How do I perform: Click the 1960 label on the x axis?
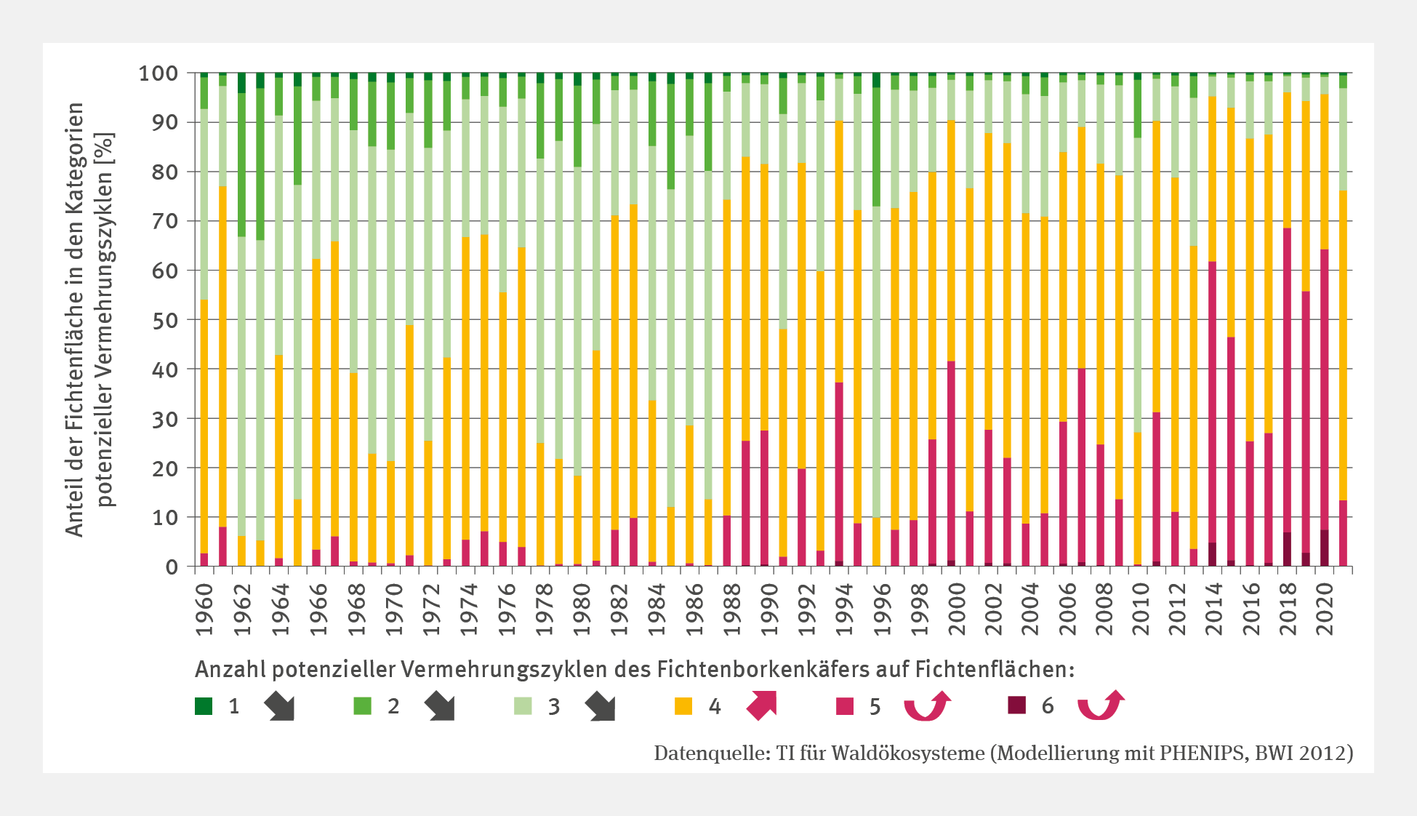click(204, 609)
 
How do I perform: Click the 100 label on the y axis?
click(158, 73)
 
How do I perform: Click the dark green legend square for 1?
click(204, 705)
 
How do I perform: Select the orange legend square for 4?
click(683, 705)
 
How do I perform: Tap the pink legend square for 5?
click(844, 705)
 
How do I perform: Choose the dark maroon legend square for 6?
click(1016, 705)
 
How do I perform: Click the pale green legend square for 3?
click(523, 705)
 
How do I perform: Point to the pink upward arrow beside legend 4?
click(762, 705)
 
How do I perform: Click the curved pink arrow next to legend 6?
click(1101, 705)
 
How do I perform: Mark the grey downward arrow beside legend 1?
click(279, 706)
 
